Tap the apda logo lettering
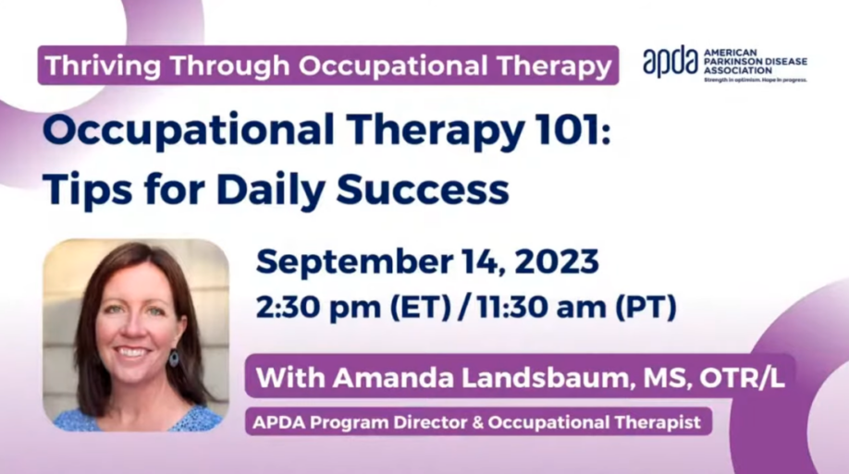point(671,63)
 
